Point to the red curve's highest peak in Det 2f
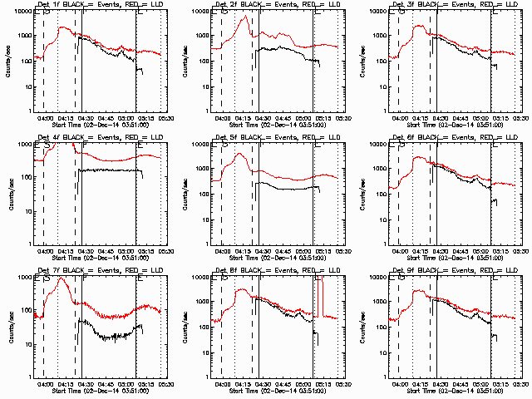click(x=246, y=17)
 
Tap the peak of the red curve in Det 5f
click(x=239, y=154)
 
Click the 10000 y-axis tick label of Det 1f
click(x=20, y=12)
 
